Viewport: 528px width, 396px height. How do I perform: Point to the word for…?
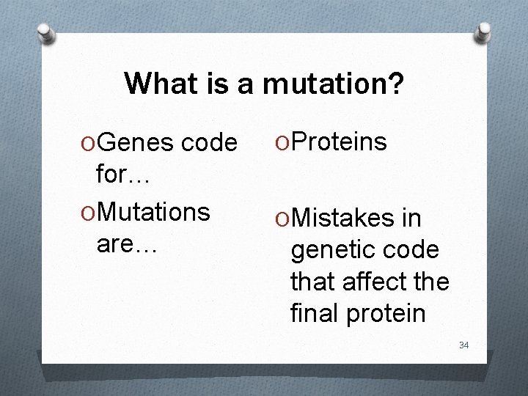click(x=123, y=175)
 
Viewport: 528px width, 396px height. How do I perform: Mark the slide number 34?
click(x=463, y=345)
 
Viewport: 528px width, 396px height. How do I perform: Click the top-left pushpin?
click(x=46, y=32)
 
